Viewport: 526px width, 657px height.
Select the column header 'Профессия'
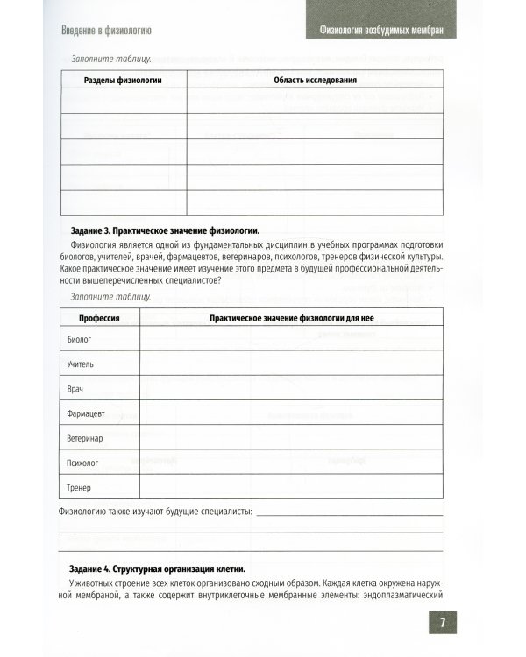click(x=99, y=317)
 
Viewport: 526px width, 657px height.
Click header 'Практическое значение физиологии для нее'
click(x=292, y=317)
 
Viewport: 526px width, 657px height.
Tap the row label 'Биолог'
click(x=79, y=338)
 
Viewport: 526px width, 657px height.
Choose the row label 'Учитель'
click(x=82, y=363)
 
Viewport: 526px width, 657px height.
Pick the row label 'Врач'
click(x=76, y=387)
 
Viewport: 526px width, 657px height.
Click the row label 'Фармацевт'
click(x=87, y=412)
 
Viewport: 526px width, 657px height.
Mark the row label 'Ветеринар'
click(x=85, y=437)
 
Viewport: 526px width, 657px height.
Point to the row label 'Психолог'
click(x=82, y=462)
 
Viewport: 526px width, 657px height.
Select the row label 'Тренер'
click(x=79, y=486)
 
